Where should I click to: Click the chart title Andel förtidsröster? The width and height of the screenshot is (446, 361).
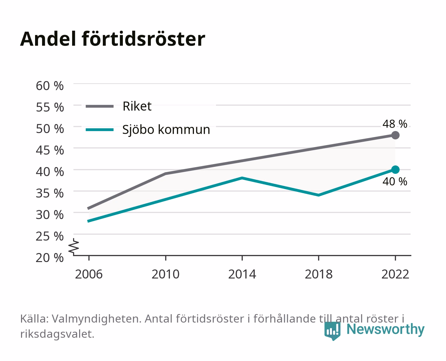(x=113, y=39)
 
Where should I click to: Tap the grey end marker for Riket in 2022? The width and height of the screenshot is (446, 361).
(x=395, y=135)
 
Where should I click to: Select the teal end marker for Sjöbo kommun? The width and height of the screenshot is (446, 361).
(x=395, y=169)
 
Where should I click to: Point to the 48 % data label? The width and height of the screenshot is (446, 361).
(x=395, y=124)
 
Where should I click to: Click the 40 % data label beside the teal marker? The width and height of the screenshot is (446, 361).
(x=395, y=182)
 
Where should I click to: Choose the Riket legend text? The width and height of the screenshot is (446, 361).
(x=137, y=106)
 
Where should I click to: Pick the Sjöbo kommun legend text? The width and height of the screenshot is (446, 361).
(x=166, y=129)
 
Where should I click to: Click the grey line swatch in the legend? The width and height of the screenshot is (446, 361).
(x=100, y=106)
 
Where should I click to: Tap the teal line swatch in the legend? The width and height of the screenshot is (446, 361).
(x=100, y=130)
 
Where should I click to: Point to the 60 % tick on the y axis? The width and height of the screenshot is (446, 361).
(x=50, y=86)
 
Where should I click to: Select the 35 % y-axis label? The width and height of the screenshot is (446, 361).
(x=50, y=193)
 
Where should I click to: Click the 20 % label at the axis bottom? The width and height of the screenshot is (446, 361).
(x=50, y=258)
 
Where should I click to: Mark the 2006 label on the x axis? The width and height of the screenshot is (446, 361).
(x=89, y=274)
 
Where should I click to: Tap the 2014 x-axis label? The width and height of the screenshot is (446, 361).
(x=242, y=274)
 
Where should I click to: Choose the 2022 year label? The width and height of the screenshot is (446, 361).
(x=395, y=274)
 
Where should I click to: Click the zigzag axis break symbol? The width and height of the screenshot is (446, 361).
(x=74, y=247)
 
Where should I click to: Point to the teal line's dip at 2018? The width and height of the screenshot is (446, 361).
(x=318, y=195)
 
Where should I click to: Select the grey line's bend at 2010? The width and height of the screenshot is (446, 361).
(x=166, y=173)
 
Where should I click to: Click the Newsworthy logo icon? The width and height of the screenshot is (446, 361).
(x=332, y=331)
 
